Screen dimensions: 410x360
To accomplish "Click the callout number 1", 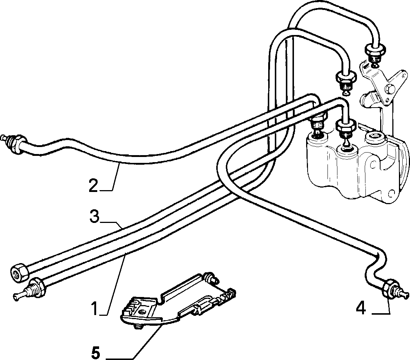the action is click(x=95, y=308).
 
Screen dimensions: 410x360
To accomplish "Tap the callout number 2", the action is click(x=93, y=185).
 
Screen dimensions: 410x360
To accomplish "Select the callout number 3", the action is click(x=94, y=216).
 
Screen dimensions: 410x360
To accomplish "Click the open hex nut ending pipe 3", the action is click(x=19, y=273).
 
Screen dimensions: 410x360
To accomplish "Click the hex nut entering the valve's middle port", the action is click(x=346, y=125).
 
